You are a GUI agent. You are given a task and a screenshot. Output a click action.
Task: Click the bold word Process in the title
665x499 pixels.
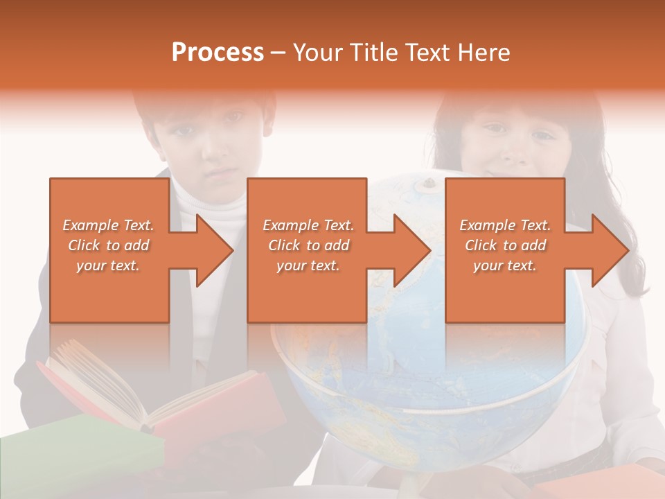coord(218,53)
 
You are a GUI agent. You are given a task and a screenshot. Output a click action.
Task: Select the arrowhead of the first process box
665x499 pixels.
coord(211,250)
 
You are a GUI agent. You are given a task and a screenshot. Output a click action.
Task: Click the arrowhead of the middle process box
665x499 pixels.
coord(409,250)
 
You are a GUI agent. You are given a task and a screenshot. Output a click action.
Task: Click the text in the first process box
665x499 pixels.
coord(109,245)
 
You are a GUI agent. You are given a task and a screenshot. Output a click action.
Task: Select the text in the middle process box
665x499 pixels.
coord(308,245)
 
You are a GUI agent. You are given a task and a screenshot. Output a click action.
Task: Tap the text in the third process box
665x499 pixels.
coord(505,245)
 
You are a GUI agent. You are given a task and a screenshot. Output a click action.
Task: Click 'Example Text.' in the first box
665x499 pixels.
coord(109,225)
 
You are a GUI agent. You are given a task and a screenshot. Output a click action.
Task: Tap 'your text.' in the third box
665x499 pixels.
coord(505,265)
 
